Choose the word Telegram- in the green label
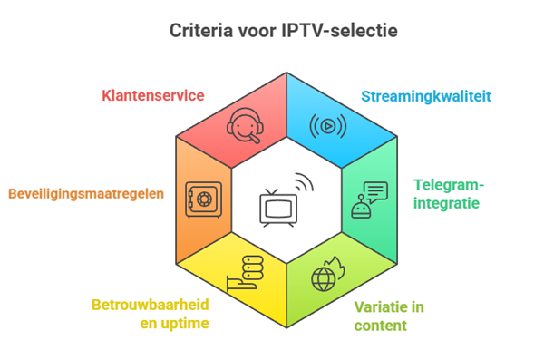(x=450, y=185)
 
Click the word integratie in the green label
(x=446, y=203)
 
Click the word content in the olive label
(x=380, y=325)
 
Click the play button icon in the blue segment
(x=327, y=126)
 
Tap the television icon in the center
(x=277, y=208)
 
